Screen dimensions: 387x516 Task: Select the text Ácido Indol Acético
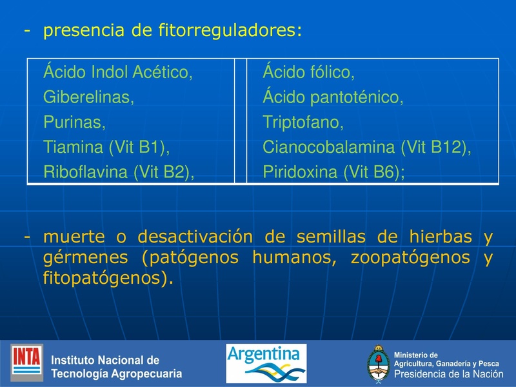coord(117,72)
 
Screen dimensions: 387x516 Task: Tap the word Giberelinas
coord(88,97)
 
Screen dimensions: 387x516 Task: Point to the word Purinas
coord(74,122)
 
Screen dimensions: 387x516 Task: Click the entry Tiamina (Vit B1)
coord(106,147)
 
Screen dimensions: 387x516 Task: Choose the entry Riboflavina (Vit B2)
coord(119,172)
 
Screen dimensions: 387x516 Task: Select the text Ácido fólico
coord(308,72)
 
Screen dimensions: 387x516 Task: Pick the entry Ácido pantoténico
coord(333,97)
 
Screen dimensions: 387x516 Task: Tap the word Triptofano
coord(303,122)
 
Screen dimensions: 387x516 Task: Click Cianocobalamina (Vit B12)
coord(366,147)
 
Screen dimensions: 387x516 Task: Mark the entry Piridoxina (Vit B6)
coord(333,172)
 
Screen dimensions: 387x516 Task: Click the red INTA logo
coord(27,362)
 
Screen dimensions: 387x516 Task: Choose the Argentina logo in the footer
coord(266,363)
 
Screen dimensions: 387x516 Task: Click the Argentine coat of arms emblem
coord(378,364)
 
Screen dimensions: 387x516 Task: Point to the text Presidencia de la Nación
coord(448,374)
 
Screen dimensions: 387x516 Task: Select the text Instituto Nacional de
coord(105,360)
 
